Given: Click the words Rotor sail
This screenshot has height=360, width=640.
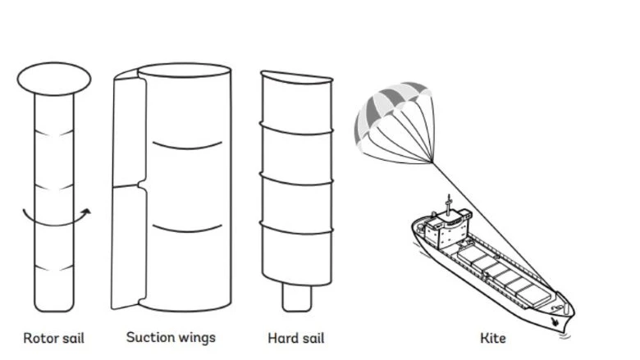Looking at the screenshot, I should [53, 338].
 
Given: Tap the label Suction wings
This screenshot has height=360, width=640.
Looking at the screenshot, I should [171, 337].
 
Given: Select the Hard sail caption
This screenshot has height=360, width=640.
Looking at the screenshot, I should [296, 338].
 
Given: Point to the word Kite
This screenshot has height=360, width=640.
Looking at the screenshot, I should [493, 338].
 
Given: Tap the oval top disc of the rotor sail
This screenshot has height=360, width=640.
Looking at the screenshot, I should [53, 79].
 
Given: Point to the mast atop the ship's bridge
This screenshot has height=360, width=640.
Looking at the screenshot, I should [447, 202].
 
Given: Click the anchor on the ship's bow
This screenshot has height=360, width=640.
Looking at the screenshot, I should [557, 322].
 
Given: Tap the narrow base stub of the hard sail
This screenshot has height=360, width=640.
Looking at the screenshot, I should [296, 296].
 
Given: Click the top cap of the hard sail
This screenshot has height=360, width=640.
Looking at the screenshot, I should [296, 78].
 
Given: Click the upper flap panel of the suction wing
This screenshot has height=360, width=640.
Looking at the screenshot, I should [129, 131].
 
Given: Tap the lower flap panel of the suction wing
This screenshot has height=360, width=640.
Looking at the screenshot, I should [129, 246].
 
